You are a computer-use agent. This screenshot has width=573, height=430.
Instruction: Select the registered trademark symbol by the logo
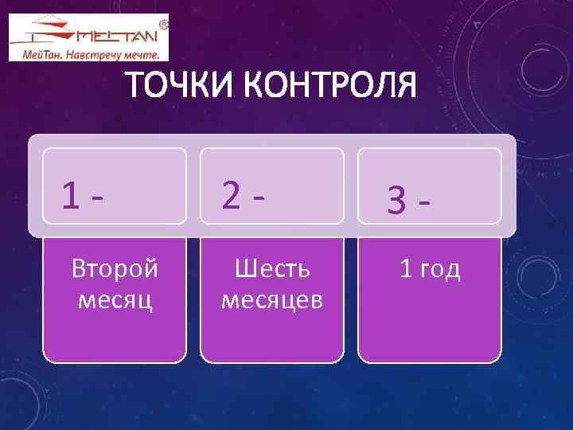164,25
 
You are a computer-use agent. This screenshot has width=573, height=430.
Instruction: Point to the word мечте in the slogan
148,55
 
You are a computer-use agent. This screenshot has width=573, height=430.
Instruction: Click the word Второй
115,268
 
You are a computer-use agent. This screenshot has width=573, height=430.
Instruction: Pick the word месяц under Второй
115,300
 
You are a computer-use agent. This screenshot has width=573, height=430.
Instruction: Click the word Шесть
272,268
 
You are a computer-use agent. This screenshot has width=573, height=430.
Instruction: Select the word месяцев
272,300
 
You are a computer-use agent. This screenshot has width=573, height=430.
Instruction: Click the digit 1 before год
406,268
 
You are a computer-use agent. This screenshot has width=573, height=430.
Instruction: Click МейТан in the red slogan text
39,55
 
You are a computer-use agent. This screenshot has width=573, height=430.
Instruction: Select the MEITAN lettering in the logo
117,35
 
